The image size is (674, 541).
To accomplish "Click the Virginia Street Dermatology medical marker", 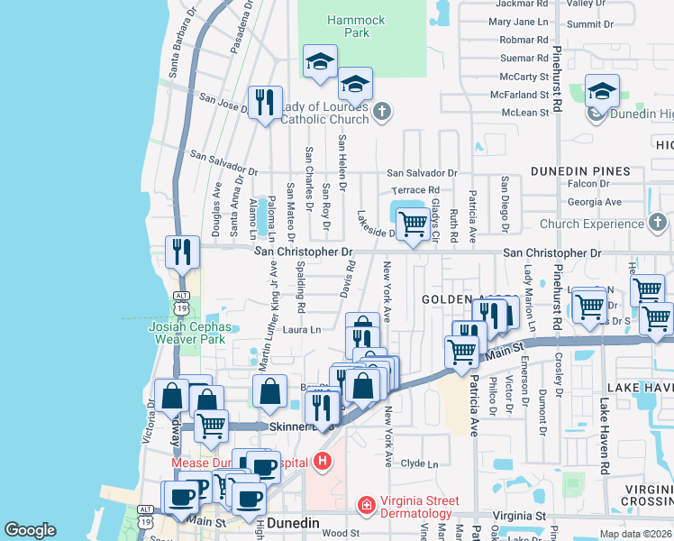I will coord(366,505).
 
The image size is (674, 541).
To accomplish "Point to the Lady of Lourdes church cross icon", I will coord(382,112).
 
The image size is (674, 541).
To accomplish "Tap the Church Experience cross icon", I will coord(658,223).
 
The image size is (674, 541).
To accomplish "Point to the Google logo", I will coord(30,530).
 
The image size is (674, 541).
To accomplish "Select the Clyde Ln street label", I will coord(419,463).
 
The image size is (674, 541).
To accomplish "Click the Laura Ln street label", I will coord(302,330).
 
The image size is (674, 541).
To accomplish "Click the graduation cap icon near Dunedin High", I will coord(602,89).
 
